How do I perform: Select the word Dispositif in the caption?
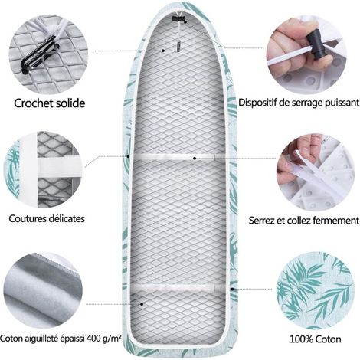(x=257, y=103)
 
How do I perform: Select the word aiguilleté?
(x=41, y=339)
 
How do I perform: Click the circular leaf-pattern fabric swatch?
(x=316, y=290)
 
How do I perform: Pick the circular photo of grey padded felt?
(x=44, y=290)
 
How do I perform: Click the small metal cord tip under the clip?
(x=178, y=47)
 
